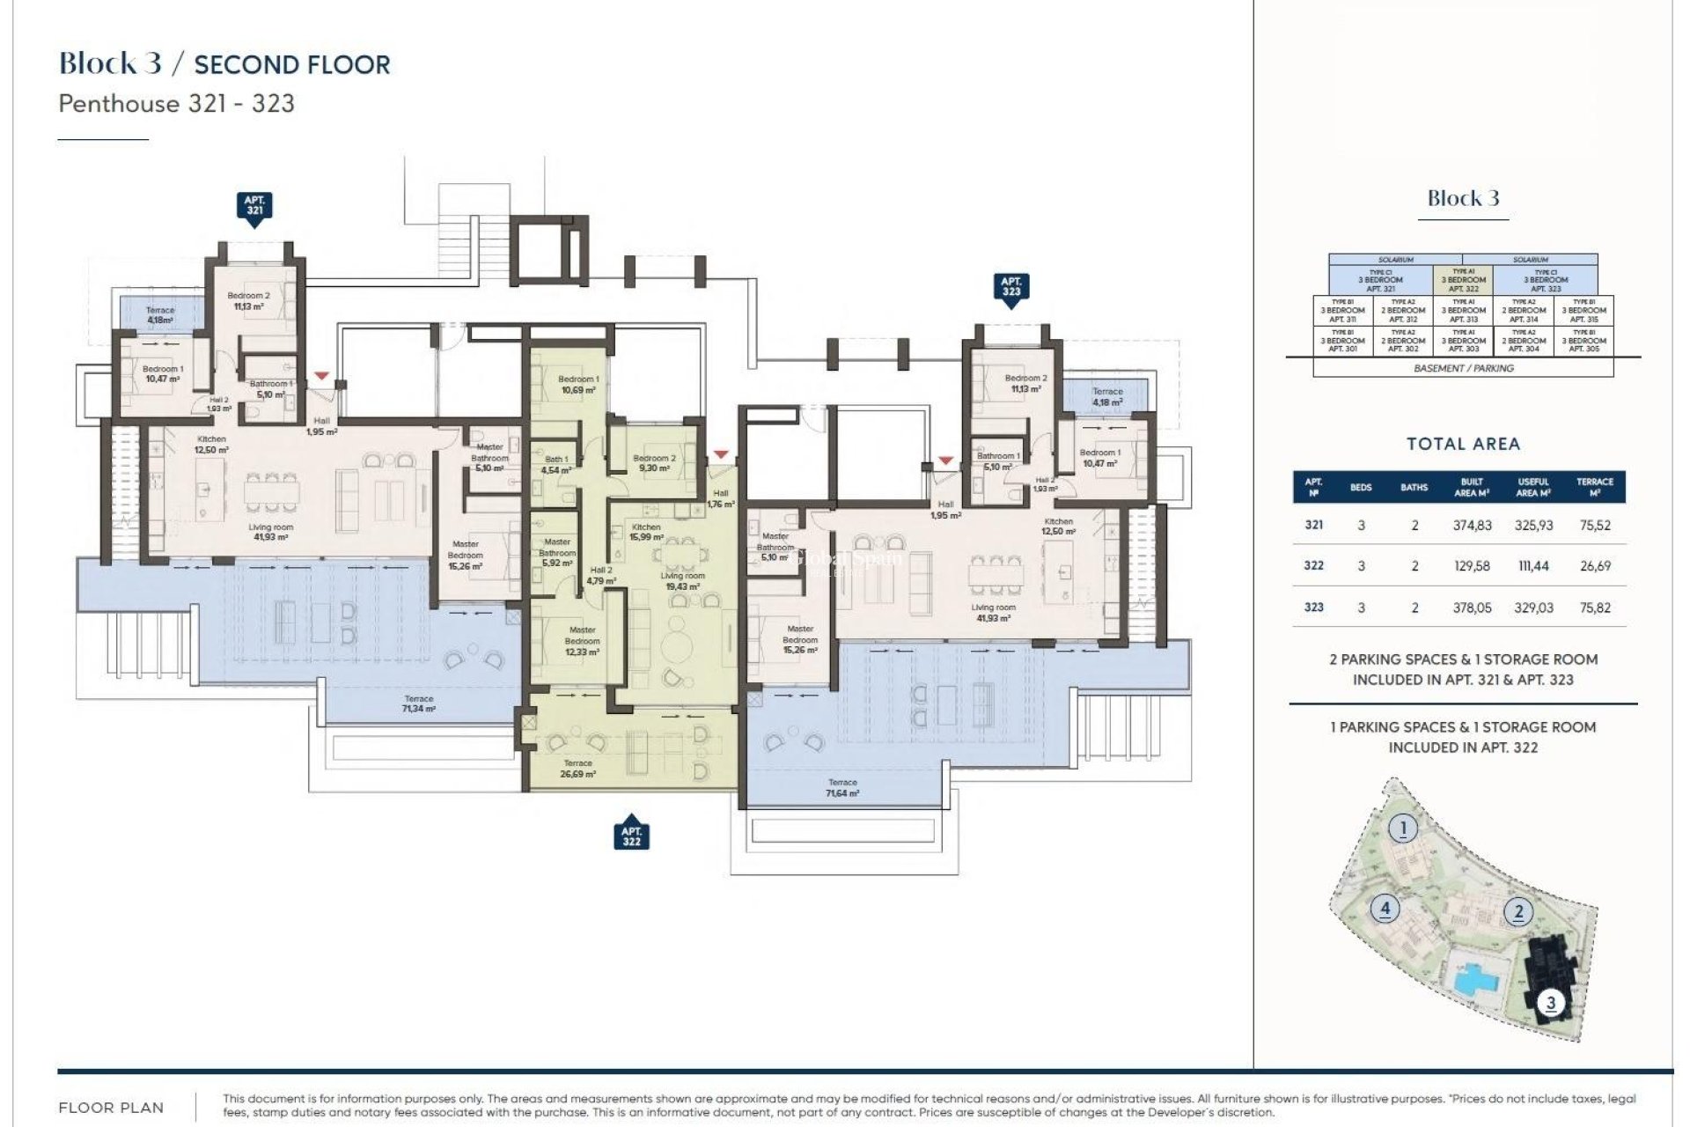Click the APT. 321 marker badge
pos(254,206)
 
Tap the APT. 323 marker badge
pos(1010,287)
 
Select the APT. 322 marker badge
pos(631,836)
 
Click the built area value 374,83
pos(1472,526)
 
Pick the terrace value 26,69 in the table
pos(1595,566)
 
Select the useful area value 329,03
pos(1533,608)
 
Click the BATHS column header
pos(1414,488)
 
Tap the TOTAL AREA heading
pos(1463,445)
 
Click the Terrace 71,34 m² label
pos(418,703)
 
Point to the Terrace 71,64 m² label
pos(842,788)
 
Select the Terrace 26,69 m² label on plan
pos(577,769)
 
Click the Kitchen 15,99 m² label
pos(646,532)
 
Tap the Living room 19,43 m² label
pos(682,581)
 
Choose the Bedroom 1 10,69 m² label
pos(578,385)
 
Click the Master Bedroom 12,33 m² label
pos(582,641)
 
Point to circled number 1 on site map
pos(1403,829)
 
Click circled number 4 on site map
pos(1385,908)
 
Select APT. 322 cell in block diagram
pos(1463,281)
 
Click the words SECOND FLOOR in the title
pos(291,65)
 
